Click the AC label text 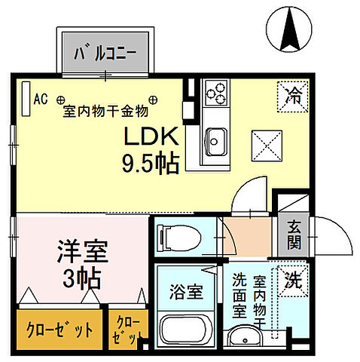click(41, 99)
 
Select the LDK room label click(151, 137)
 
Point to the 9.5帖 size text click(151, 163)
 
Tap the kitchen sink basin click(216, 140)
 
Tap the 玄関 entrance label click(292, 234)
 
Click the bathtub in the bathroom click(185, 330)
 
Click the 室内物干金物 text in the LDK click(105, 111)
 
